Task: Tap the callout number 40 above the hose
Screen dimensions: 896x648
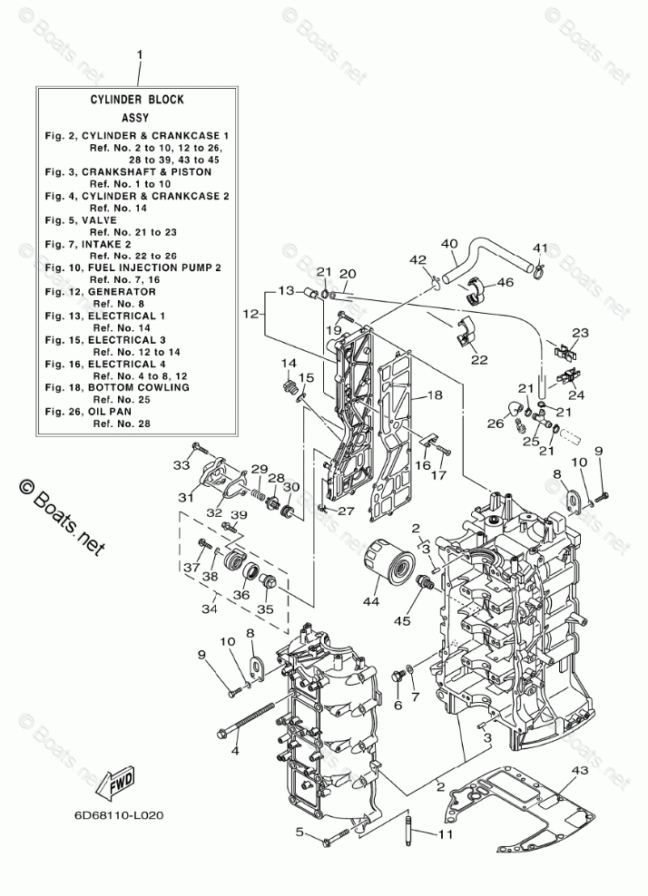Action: pos(448,243)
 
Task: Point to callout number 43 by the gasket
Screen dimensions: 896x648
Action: pos(581,770)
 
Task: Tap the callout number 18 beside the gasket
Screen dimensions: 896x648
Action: pos(435,395)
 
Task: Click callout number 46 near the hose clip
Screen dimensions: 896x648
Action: pos(505,283)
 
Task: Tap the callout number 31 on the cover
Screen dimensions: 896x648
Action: pos(186,497)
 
